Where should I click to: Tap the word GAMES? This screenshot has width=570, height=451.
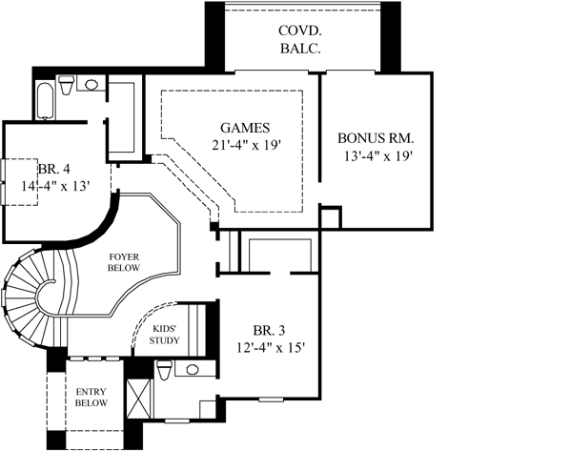245,128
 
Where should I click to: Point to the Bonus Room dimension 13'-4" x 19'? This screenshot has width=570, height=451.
378,156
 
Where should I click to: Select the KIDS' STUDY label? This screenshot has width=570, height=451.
168,335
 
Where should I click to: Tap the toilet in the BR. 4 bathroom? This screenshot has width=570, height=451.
67,88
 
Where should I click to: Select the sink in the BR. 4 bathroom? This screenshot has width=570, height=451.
91,85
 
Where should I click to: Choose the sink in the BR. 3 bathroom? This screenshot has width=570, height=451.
193,369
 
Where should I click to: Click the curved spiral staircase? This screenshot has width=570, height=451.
27,300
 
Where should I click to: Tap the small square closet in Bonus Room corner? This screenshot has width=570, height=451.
330,218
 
